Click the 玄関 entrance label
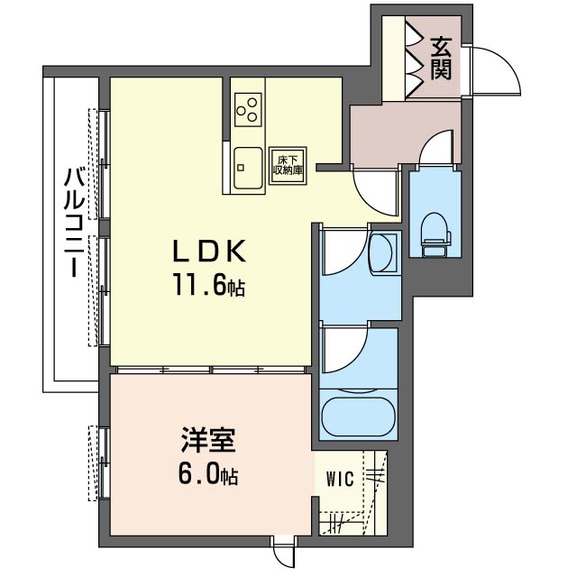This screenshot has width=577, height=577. (x=441, y=57)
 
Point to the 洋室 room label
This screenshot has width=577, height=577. (x=206, y=441)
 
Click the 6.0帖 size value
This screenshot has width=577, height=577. (x=206, y=475)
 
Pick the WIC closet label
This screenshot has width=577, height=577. (x=339, y=477)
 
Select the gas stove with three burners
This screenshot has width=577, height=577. (x=249, y=109)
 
